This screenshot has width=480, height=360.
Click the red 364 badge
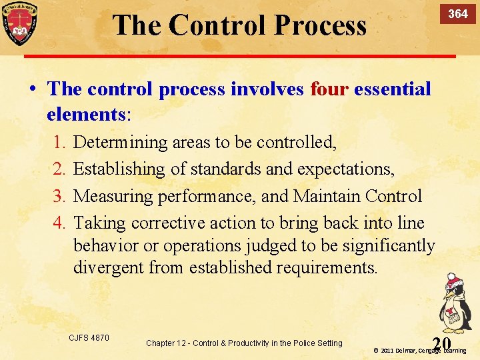tap(457, 14)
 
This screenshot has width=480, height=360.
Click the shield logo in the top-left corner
tap(19, 23)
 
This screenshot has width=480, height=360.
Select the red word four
tap(329, 89)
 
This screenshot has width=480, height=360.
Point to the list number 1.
tap(58, 142)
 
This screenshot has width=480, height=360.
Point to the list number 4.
tap(58, 223)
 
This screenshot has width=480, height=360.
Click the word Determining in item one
tap(121, 142)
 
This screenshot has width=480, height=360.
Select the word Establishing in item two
tap(119, 169)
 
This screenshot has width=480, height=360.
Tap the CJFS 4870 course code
tap(89, 338)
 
